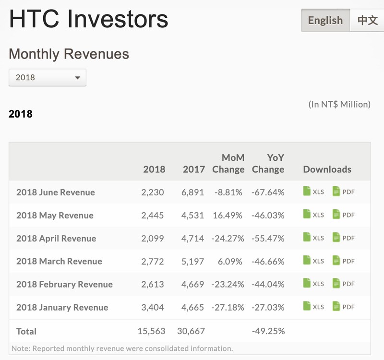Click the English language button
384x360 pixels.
(x=325, y=20)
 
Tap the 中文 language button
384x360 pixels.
(x=368, y=20)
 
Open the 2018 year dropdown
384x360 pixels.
(x=48, y=77)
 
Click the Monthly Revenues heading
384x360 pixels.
(x=69, y=54)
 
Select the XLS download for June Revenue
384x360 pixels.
(x=313, y=192)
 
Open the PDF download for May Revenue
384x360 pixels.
(x=344, y=215)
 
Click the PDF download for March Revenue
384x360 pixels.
(x=344, y=261)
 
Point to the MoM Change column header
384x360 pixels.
(x=228, y=163)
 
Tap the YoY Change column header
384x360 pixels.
(x=268, y=163)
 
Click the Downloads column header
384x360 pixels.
(x=327, y=169)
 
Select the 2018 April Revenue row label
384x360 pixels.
(x=56, y=238)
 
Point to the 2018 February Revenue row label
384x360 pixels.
(x=64, y=284)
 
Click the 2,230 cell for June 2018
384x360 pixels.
(x=153, y=192)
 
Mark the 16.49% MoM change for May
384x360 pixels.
(x=228, y=215)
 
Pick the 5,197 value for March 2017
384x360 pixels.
(x=193, y=261)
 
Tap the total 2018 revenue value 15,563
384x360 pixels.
(x=151, y=331)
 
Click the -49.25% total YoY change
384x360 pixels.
(x=268, y=331)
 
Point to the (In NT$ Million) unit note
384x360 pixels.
(x=339, y=104)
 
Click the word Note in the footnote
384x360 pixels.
(x=20, y=348)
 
